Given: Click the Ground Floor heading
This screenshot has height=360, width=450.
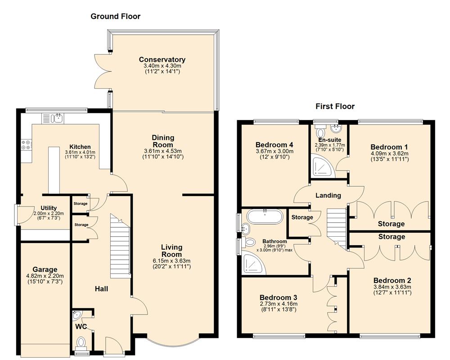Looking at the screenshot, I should tap(116, 16).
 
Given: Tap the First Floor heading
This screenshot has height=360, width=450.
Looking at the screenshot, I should tap(334, 106).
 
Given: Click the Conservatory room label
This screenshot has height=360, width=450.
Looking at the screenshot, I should tap(162, 59).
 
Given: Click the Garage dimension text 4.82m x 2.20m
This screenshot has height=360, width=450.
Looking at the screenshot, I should tap(45, 276).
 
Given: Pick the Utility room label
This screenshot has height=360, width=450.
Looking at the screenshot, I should tap(49, 207).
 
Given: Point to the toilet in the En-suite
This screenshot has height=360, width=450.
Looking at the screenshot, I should tap(320, 132).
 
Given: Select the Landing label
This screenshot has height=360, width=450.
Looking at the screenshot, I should tap(328, 195).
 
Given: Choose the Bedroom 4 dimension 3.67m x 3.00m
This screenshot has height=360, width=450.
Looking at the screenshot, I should tap(274, 152).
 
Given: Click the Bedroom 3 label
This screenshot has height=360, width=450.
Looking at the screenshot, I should tap(278, 297).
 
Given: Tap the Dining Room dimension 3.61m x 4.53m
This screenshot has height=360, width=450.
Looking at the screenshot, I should tap(162, 151).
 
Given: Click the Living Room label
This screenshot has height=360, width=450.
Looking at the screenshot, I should tap(172, 251).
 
